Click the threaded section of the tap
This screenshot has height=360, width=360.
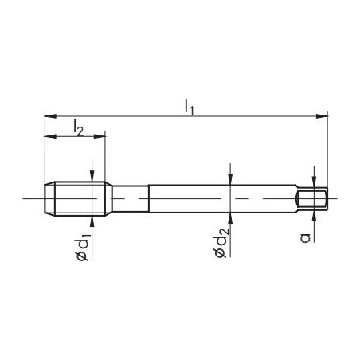coord(78,198)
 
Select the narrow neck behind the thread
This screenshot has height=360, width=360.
coord(130,198)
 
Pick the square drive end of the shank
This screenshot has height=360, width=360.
coord(312,198)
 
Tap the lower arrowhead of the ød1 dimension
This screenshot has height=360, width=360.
coord(93,220)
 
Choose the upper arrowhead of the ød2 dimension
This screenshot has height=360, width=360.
coord(230,180)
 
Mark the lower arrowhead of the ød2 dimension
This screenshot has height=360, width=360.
coord(230,217)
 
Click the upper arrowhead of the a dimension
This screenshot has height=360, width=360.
coord(315,182)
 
